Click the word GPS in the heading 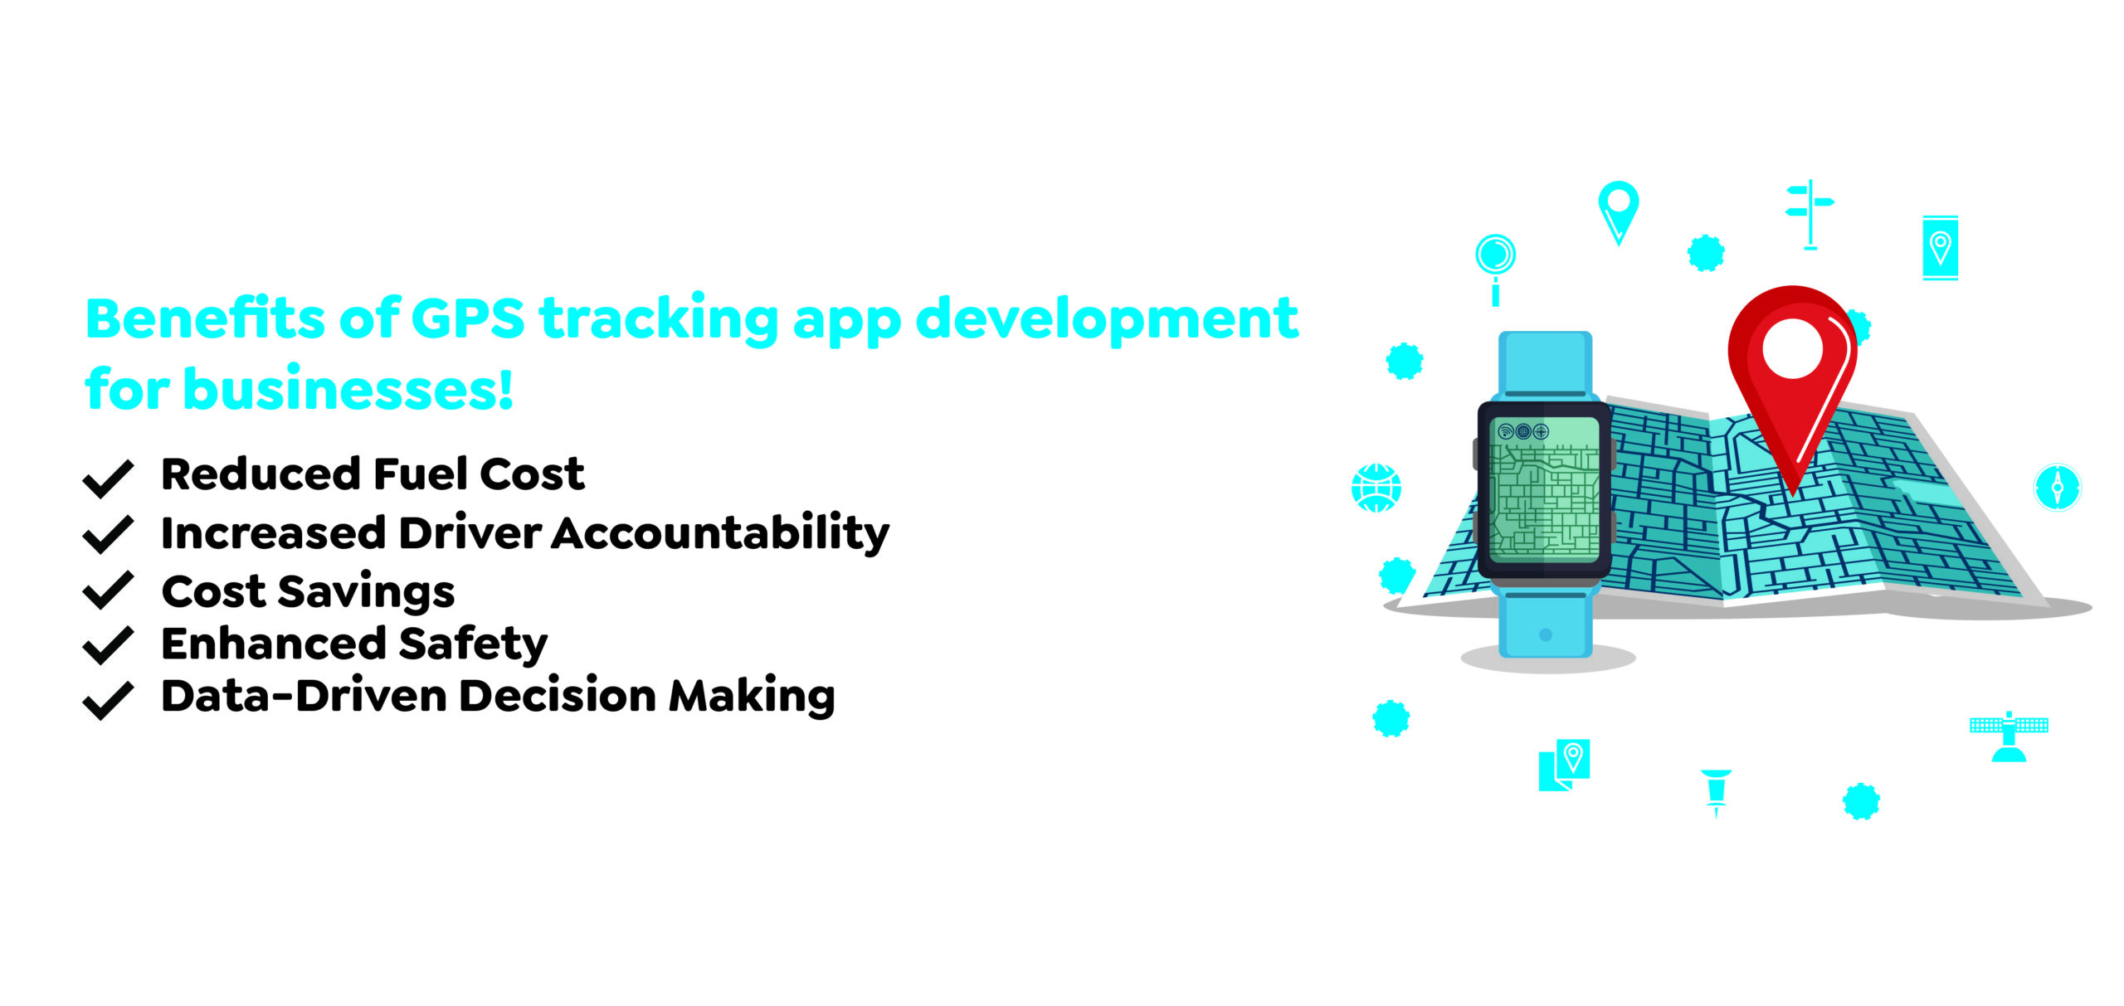click(x=468, y=319)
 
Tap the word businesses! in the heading click(x=348, y=389)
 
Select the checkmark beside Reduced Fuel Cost click(x=108, y=478)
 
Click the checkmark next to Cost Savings click(x=108, y=590)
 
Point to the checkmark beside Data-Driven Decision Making click(x=108, y=700)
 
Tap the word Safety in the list click(x=475, y=644)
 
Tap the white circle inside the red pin click(x=1792, y=349)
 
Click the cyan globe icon click(x=1376, y=488)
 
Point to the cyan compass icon click(x=2058, y=487)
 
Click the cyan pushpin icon click(x=1716, y=790)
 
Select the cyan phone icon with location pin click(x=1940, y=247)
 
